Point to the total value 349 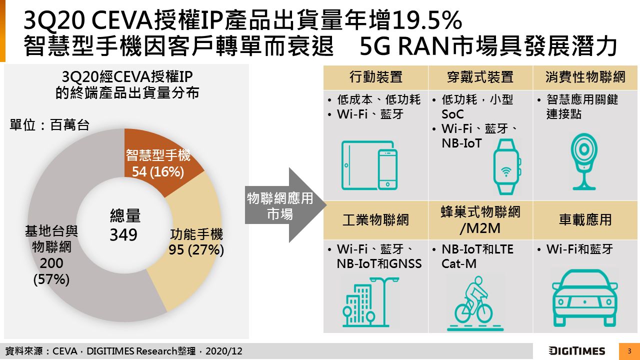pos(123,234)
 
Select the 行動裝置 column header pos(376,77)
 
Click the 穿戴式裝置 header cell pos(480,77)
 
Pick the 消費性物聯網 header pos(585,77)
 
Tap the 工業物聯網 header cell pos(376,220)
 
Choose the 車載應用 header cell pos(585,220)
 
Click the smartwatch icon pos(507,167)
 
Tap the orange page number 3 pos(629,350)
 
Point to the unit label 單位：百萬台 pos(50,125)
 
